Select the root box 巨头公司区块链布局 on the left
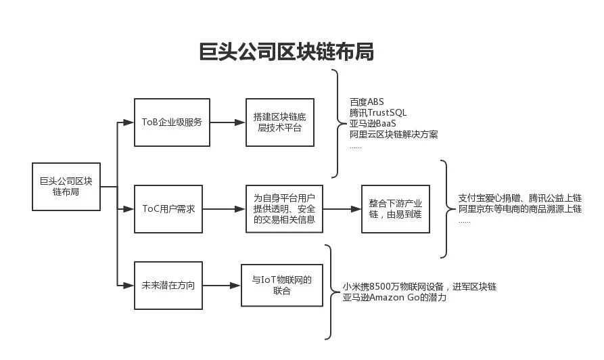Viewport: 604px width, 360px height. (x=66, y=186)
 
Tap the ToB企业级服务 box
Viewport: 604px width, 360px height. (x=172, y=122)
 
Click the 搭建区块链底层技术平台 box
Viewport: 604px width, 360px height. (x=279, y=122)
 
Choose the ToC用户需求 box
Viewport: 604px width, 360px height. (x=168, y=208)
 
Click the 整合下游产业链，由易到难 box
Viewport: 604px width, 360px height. (x=395, y=208)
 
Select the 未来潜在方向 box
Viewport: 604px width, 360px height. (x=168, y=286)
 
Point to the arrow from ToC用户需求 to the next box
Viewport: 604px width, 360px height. (x=224, y=208)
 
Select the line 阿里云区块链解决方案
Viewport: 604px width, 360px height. (x=393, y=135)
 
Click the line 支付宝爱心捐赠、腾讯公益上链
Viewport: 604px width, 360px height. (x=519, y=198)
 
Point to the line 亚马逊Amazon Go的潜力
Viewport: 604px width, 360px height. (x=394, y=297)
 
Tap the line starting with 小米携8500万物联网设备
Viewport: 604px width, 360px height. (x=419, y=287)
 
